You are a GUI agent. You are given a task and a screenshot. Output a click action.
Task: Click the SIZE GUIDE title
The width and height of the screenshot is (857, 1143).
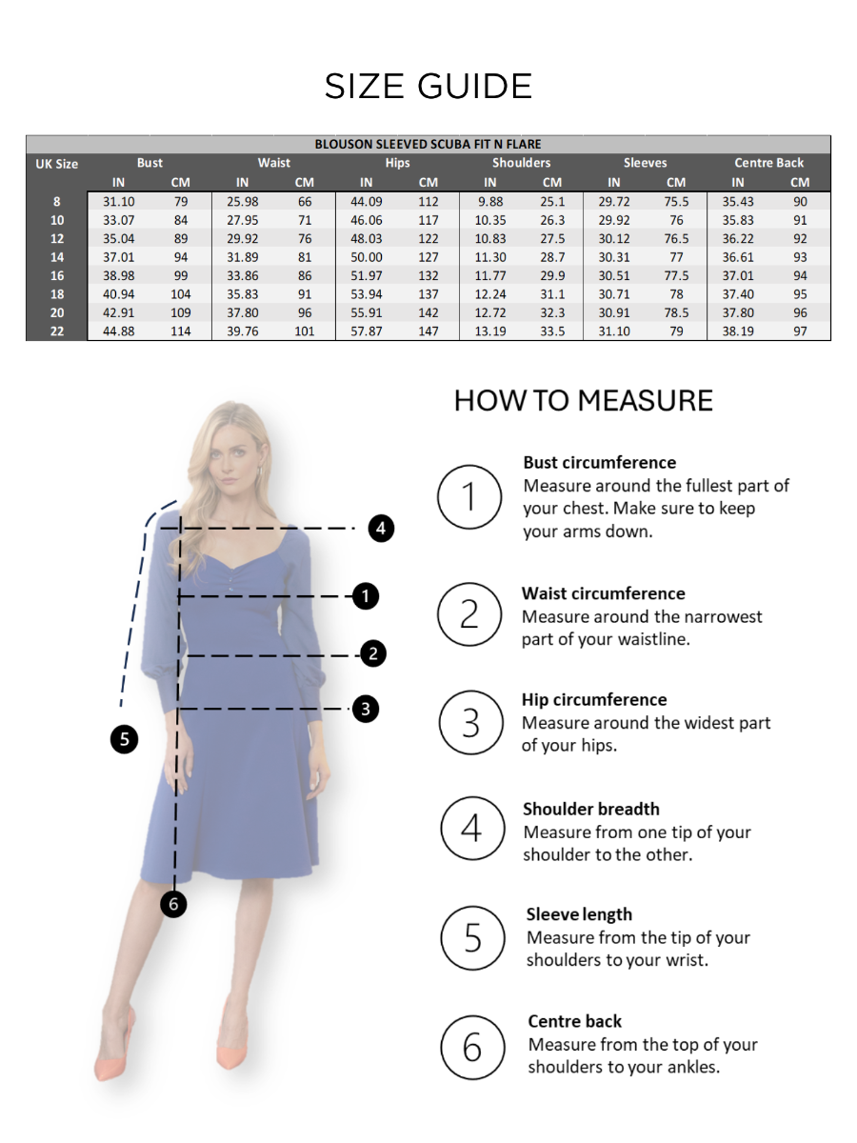click(x=428, y=87)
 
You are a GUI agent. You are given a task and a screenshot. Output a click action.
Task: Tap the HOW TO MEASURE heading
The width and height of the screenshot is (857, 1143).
click(x=583, y=400)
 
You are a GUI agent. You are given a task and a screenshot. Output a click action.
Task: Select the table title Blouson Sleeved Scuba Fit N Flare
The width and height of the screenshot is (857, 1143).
click(x=428, y=145)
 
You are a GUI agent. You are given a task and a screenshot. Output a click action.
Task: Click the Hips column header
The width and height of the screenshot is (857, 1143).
click(x=397, y=163)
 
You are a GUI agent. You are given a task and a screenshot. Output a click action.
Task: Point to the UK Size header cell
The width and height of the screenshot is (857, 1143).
click(x=57, y=164)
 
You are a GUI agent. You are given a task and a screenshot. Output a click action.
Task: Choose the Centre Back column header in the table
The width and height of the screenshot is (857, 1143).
click(x=768, y=163)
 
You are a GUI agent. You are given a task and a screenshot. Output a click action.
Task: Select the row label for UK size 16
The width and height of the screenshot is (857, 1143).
click(x=57, y=276)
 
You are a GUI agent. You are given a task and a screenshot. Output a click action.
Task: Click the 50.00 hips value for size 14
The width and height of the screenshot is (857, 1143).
click(x=367, y=257)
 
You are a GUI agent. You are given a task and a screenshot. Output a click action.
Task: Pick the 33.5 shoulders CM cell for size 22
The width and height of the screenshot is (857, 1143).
click(x=552, y=331)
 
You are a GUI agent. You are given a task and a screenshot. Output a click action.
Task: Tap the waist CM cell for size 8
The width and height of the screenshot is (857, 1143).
click(x=305, y=202)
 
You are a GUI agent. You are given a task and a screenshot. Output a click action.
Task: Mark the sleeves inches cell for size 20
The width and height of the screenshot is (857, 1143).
click(x=614, y=312)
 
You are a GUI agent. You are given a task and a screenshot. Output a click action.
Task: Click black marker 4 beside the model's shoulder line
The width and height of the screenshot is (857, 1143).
click(x=381, y=528)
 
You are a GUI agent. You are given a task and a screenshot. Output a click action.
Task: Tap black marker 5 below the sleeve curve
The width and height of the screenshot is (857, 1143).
click(x=124, y=738)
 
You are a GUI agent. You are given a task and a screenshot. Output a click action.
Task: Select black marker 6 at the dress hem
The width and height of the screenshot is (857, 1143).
click(x=173, y=903)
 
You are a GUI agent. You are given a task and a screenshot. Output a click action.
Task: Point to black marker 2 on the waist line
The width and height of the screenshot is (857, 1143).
click(x=373, y=653)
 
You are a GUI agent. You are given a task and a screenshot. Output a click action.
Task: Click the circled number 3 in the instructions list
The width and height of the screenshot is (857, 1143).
click(x=470, y=723)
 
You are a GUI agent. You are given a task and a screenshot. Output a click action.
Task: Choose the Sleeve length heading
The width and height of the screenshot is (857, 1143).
click(x=579, y=914)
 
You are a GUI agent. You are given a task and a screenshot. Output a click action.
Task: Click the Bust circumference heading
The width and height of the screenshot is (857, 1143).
click(x=599, y=463)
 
